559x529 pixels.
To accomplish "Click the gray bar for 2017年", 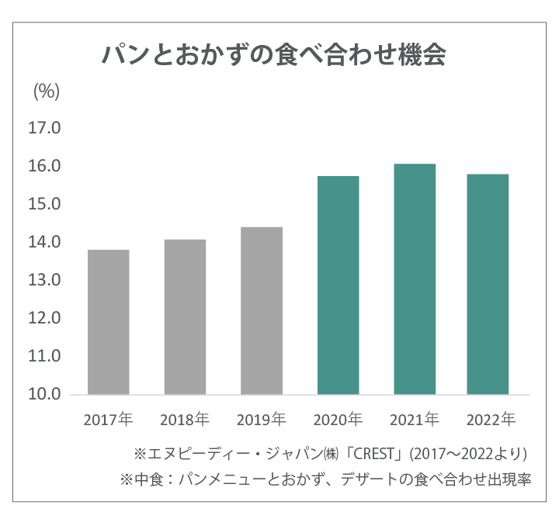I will pos(109,322).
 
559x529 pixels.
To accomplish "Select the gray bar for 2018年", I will pos(185,316).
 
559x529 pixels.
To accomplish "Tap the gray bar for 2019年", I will pos(261,310).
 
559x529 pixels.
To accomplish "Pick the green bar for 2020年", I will pos(338,285).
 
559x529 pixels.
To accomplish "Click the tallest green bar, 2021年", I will pos(414,278).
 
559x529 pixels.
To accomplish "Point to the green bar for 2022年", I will pos(489,284).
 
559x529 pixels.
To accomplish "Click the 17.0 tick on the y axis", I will pos(44,129).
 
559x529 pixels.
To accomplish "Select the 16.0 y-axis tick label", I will pos(44,167).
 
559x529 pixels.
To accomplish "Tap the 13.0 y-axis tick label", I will pos(44,280).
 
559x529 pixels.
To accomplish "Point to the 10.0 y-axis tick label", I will pos(44,394).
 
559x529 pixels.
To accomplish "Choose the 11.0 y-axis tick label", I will pos(44,356).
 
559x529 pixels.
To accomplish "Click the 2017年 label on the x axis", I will pos(109,421).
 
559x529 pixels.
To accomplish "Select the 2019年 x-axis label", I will pos(261,421).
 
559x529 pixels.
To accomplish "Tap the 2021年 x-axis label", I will pos(414,421).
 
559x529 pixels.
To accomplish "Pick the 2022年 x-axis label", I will pos(490,421).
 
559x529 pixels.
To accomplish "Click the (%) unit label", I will pos(46,91).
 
